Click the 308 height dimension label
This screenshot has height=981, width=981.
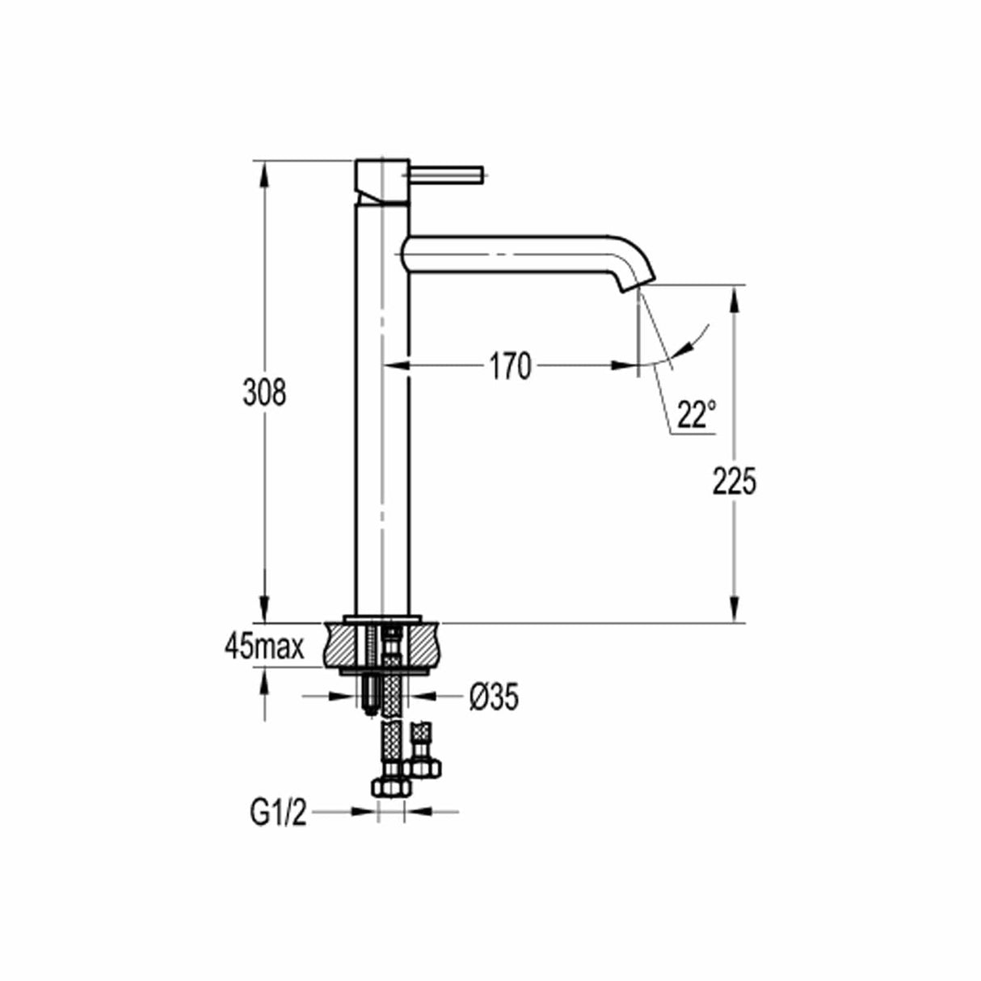point(264,393)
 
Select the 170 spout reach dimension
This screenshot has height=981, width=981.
point(510,367)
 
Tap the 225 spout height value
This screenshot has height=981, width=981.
point(734,482)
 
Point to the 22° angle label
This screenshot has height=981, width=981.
point(697,415)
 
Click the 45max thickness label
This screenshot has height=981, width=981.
point(264,646)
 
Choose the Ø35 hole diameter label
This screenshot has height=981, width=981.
point(491,697)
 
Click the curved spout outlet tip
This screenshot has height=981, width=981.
point(631,282)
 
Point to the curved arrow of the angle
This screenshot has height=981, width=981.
point(697,339)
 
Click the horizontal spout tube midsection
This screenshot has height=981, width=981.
point(509,251)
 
